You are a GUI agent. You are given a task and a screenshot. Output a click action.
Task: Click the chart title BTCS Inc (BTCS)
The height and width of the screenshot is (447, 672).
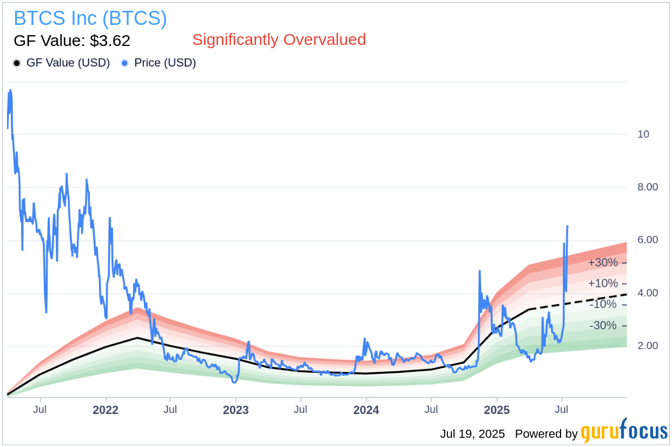pyautogui.click(x=90, y=18)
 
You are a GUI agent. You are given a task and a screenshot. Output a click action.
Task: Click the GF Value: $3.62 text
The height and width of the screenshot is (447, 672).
pyautogui.click(x=72, y=41)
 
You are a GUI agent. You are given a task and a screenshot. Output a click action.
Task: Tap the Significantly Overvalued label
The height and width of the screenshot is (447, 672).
pyautogui.click(x=279, y=40)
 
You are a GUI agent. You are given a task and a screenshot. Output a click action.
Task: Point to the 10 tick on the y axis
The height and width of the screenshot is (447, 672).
pyautogui.click(x=644, y=134)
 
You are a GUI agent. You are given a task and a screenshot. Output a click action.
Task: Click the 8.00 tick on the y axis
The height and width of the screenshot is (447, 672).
pyautogui.click(x=648, y=187)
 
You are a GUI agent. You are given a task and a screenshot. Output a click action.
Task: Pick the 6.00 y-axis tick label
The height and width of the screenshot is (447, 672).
pyautogui.click(x=648, y=240)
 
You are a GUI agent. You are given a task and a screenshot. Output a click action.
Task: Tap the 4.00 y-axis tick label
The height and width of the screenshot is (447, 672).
pyautogui.click(x=648, y=293)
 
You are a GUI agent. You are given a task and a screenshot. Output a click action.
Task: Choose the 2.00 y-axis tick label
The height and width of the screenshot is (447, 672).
pyautogui.click(x=648, y=346)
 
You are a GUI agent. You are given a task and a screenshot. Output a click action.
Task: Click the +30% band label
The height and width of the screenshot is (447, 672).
pyautogui.click(x=603, y=262)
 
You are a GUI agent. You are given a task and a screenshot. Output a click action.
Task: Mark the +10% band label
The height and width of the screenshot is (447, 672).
pyautogui.click(x=603, y=284)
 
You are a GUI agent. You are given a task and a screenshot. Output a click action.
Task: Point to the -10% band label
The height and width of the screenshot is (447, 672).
pyautogui.click(x=603, y=305)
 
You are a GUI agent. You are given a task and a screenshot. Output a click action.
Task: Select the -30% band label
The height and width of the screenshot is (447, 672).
pyautogui.click(x=603, y=326)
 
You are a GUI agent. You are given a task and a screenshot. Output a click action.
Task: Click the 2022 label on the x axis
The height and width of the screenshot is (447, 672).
pyautogui.click(x=106, y=410)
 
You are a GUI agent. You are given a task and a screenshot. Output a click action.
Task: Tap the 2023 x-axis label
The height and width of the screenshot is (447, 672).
pyautogui.click(x=236, y=410)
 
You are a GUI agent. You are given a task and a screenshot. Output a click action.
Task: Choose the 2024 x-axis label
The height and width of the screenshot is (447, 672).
pyautogui.click(x=366, y=410)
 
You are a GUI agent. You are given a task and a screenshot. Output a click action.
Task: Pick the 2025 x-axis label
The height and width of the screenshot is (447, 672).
pyautogui.click(x=496, y=410)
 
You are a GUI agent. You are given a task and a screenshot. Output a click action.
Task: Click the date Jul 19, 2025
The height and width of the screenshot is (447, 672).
pyautogui.click(x=472, y=434)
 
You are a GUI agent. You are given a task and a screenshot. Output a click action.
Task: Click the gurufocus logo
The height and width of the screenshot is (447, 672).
pyautogui.click(x=624, y=432)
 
